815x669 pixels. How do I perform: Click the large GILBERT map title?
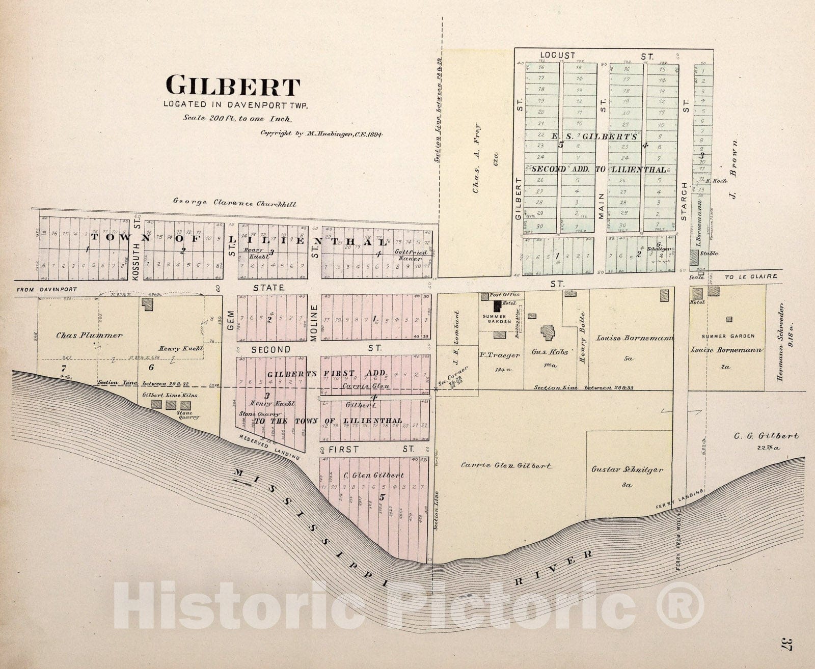pos(233,87)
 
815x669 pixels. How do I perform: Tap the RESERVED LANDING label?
pos(268,448)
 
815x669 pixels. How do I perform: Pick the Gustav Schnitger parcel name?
pos(627,470)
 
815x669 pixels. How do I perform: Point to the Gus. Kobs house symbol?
pos(549,333)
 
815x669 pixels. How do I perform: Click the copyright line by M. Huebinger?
pos(321,134)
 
